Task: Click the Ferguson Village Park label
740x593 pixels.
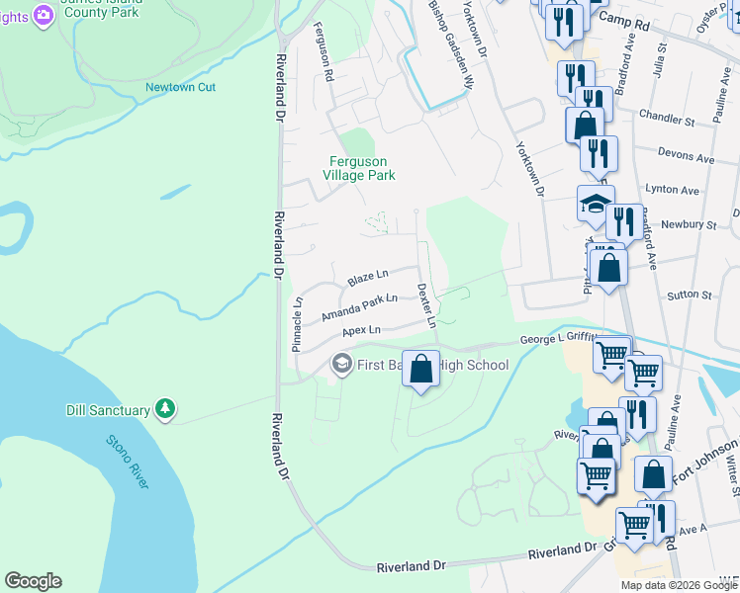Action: point(358,168)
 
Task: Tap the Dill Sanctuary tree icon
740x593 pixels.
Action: point(165,409)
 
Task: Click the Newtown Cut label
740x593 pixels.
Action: point(180,87)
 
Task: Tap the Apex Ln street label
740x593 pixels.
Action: point(361,330)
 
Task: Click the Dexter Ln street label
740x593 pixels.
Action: point(426,305)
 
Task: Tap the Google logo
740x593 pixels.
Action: point(33,581)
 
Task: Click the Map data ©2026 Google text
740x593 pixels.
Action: point(678,585)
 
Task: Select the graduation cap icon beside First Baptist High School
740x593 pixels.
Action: point(341,365)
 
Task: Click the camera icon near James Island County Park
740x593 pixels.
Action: point(43,14)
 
